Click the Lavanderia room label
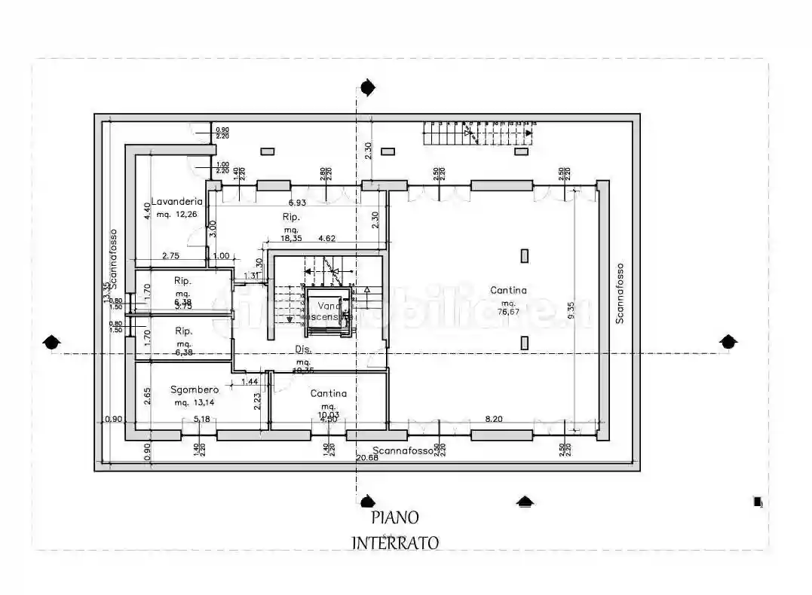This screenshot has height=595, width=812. point(177,201)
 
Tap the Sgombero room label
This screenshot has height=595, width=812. point(195,389)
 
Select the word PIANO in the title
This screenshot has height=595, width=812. point(394,517)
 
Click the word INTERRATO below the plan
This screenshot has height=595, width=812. point(395,542)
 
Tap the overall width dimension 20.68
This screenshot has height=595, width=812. point(367,456)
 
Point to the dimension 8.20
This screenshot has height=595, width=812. point(494,418)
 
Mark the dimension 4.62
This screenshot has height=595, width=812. point(326,239)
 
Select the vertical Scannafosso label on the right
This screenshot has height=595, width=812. point(619,293)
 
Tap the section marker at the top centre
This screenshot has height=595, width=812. point(367,89)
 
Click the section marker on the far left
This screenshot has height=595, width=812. point(51,343)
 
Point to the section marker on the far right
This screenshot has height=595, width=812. point(728,342)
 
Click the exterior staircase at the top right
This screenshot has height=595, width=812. point(479,135)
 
